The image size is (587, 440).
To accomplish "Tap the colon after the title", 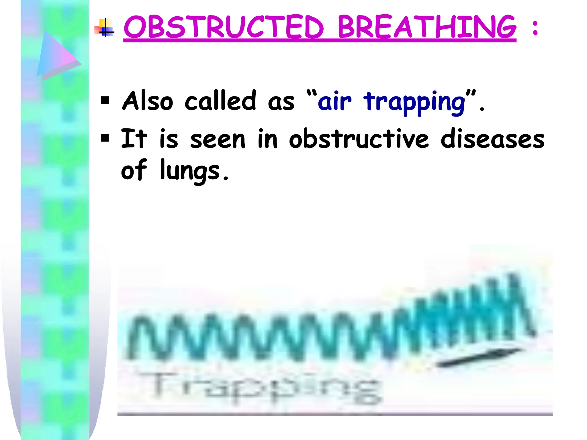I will click(x=535, y=28).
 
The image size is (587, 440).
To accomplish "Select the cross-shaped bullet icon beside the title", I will click(x=105, y=28).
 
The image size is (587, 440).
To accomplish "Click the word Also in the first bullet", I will click(x=148, y=101).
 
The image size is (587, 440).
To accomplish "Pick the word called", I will click(x=220, y=101).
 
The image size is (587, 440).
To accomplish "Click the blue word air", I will click(x=334, y=101).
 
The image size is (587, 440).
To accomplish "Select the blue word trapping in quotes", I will click(x=414, y=103).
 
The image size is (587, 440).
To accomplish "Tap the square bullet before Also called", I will click(x=105, y=101).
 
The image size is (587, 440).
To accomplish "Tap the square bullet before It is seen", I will click(x=105, y=139).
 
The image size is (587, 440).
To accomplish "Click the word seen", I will click(x=218, y=140).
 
